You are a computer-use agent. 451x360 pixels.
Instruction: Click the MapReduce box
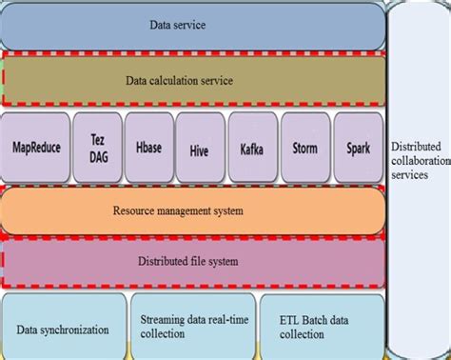pyautogui.click(x=36, y=148)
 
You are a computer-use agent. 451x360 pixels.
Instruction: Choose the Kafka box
pyautogui.click(x=252, y=148)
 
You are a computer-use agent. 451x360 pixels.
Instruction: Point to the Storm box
pyautogui.click(x=305, y=148)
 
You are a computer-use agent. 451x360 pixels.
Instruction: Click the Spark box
pyautogui.click(x=358, y=148)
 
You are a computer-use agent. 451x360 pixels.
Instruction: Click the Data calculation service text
pyautogui.click(x=179, y=81)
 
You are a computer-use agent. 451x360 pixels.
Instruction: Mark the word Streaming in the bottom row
pyautogui.click(x=162, y=320)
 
